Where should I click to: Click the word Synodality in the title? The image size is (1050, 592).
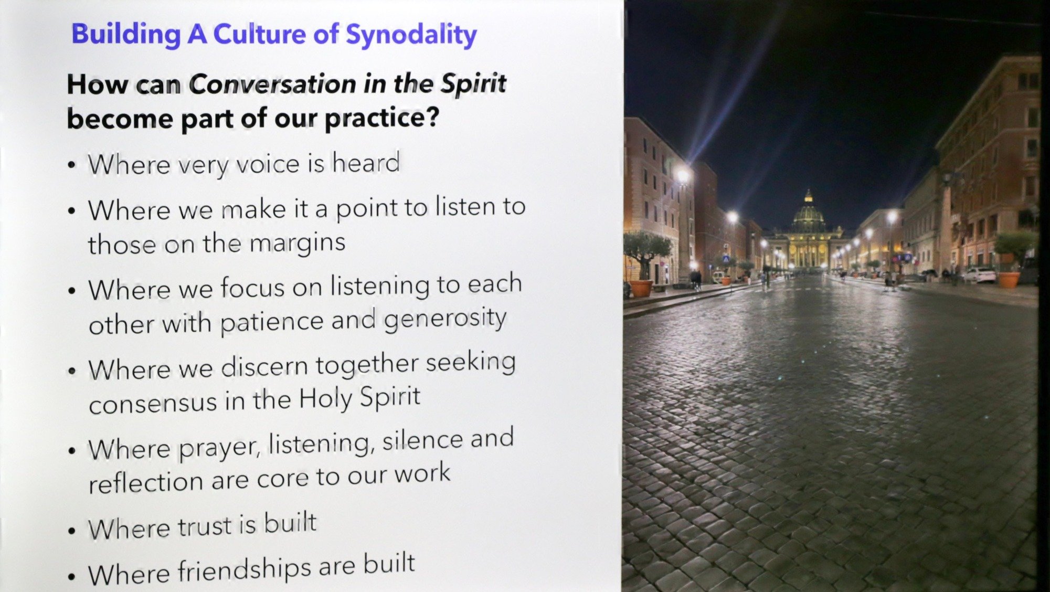[x=411, y=35]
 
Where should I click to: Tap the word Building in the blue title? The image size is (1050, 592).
[x=126, y=34]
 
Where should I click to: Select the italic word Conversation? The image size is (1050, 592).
[x=272, y=84]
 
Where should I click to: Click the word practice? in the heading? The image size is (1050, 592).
[x=381, y=118]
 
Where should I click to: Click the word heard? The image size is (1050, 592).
[x=366, y=162]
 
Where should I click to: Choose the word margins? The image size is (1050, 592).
[x=297, y=243]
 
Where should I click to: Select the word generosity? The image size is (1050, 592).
[x=445, y=318]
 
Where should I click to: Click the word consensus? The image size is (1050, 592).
[x=153, y=403]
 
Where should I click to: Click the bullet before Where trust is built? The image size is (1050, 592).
[x=72, y=530]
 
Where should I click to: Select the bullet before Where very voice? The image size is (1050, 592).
[x=72, y=165]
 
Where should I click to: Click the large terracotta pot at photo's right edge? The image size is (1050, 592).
[x=1007, y=279]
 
